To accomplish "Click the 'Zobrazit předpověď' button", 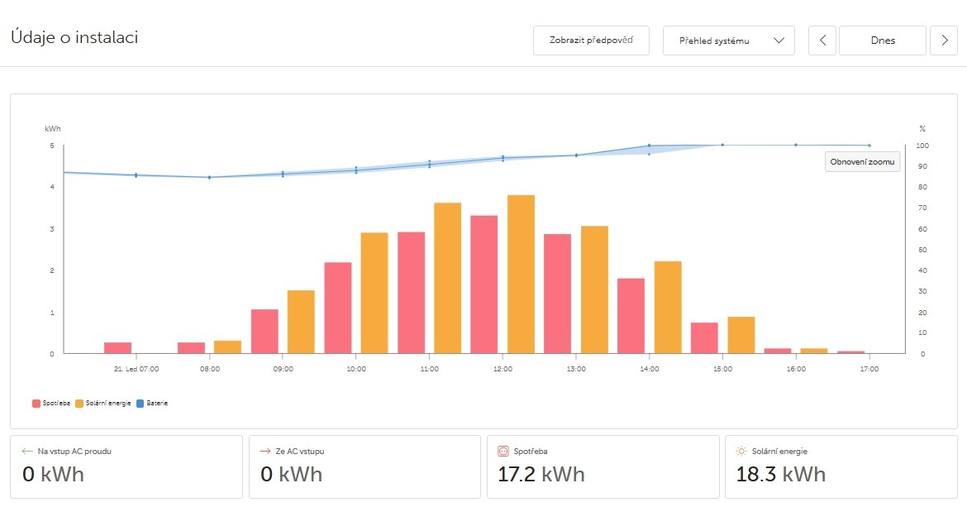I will [x=591, y=41].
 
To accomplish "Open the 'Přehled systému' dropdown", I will [x=728, y=41].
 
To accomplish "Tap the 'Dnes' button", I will [x=882, y=41].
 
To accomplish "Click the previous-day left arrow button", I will [x=822, y=41].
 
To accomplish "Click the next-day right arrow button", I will [x=944, y=41].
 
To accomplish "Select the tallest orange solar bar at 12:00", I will [x=521, y=275].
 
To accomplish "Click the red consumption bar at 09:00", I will [x=264, y=332].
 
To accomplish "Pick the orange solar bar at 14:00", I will [x=668, y=308].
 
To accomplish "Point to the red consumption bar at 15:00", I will [x=704, y=338].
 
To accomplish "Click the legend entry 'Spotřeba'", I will [x=50, y=404].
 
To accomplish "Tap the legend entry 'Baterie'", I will [x=153, y=404].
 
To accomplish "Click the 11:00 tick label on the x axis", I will [x=429, y=369].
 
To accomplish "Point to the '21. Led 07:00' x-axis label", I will [x=136, y=369].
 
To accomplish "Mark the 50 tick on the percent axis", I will [x=923, y=250].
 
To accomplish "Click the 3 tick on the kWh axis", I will [x=51, y=229].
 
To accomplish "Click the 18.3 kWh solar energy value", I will [x=780, y=475].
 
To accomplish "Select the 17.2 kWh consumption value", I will [x=541, y=475].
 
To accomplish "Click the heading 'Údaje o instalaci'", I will [x=74, y=37].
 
